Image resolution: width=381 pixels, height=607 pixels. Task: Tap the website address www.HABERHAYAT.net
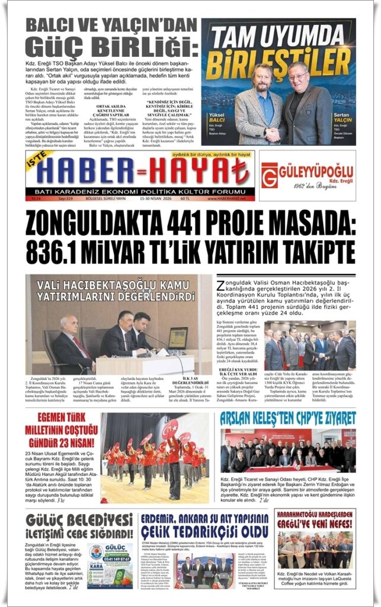point(230,198)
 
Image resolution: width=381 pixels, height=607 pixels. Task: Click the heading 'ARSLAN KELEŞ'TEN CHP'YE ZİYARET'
point(287,418)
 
